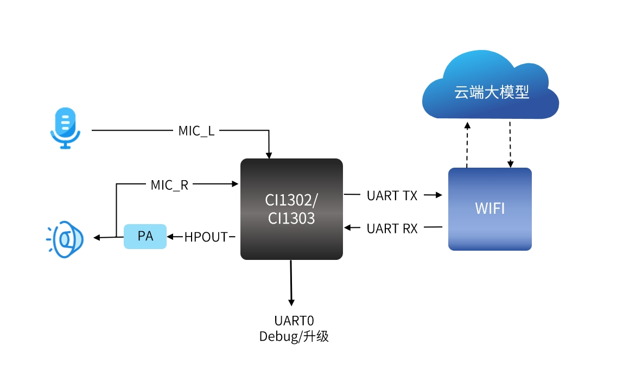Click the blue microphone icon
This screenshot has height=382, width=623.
tap(65, 128)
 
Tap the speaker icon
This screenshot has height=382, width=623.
tap(65, 239)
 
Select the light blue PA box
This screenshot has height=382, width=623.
tap(145, 236)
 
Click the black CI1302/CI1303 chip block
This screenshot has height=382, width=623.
tap(291, 209)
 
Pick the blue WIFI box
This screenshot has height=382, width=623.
tap(490, 209)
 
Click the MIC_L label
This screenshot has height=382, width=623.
tap(196, 131)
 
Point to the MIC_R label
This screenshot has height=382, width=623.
tap(169, 185)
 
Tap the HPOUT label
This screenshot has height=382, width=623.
tap(206, 237)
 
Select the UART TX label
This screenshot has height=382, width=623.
tap(392, 196)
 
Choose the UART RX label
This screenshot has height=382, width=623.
tap(392, 229)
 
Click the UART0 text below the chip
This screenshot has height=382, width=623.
tap(294, 321)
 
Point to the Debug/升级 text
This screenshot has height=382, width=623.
tap(294, 336)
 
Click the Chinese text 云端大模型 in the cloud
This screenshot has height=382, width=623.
tap(492, 92)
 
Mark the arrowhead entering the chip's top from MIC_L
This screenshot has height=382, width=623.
tap(269, 155)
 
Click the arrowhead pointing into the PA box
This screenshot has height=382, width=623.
tap(170, 237)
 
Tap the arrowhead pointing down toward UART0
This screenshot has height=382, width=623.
tap(291, 303)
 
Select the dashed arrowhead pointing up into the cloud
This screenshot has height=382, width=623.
tap(468, 125)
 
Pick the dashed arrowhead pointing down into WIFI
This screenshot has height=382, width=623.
tap(511, 164)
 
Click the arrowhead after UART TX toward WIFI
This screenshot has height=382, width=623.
tap(439, 195)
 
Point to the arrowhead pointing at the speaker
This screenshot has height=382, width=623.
tap(97, 238)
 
